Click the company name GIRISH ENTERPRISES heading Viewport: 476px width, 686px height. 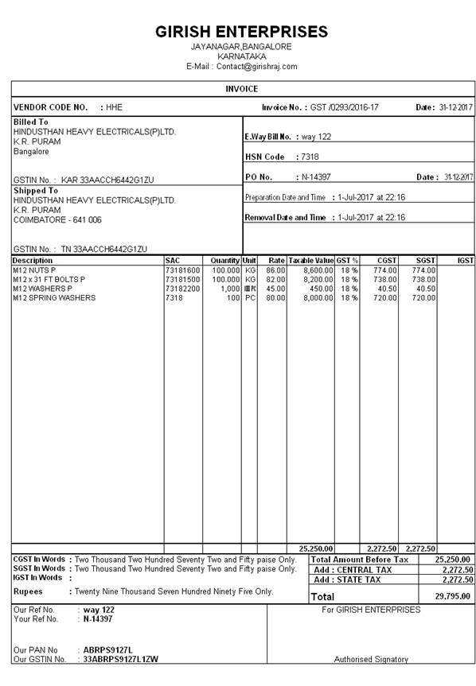coord(241,32)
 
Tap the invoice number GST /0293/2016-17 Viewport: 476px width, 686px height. coord(344,107)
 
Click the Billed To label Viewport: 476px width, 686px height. coord(30,122)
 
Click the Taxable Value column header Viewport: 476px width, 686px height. coord(310,260)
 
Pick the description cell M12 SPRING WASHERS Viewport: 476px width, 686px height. coord(54,298)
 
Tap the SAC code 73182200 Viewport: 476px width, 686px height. coord(182,289)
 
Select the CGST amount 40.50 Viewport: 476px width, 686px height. coord(386,289)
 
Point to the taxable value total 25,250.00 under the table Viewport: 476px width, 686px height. coord(315,548)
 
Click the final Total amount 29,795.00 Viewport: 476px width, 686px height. coord(454,596)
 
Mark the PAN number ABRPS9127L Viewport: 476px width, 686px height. coord(108,649)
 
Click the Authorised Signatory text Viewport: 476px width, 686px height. coord(371,659)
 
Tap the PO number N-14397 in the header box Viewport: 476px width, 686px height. coord(315,176)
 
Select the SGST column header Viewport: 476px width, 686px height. coord(425,260)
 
